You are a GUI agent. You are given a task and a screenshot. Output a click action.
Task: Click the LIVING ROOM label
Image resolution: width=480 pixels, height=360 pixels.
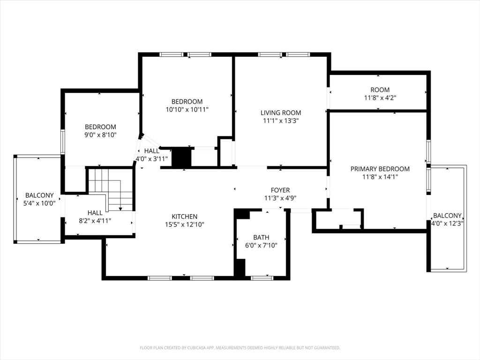click(281, 112)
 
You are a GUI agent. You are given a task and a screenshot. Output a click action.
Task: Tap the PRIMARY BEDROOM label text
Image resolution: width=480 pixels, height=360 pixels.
click(380, 169)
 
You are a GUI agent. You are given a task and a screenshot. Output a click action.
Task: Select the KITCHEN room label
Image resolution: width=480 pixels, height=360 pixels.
click(184, 217)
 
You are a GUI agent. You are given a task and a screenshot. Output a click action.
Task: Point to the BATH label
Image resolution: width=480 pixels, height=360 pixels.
click(261, 238)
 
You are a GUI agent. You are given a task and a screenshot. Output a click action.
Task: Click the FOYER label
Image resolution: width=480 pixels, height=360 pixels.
click(280, 190)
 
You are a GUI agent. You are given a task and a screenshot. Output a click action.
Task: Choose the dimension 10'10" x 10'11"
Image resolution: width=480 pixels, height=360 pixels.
click(187, 110)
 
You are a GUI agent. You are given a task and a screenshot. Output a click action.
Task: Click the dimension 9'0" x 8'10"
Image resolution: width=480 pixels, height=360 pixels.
click(100, 135)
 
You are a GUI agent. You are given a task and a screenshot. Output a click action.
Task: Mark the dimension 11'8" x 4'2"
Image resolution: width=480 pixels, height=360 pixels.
click(380, 98)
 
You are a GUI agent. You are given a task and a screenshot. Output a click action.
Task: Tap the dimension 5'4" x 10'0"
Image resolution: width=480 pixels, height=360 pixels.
click(39, 203)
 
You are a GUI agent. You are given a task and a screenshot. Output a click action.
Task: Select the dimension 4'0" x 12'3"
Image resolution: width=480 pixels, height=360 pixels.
click(447, 224)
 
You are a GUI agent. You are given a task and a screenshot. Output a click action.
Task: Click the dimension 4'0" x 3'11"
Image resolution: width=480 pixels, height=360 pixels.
click(151, 158)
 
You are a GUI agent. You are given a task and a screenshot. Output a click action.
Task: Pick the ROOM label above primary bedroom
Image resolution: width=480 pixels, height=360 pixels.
click(380, 90)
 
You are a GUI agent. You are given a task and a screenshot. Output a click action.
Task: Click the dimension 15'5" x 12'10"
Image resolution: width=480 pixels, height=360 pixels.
click(184, 225)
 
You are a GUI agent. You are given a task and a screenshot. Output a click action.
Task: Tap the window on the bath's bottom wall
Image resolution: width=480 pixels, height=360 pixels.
click(262, 278)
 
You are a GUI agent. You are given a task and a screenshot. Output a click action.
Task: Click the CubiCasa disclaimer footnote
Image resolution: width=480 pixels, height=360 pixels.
click(240, 348)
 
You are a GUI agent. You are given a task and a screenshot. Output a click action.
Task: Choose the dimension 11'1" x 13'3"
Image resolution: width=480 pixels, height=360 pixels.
click(281, 120)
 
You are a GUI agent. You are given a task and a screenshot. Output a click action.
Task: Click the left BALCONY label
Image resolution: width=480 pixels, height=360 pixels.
click(39, 195)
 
